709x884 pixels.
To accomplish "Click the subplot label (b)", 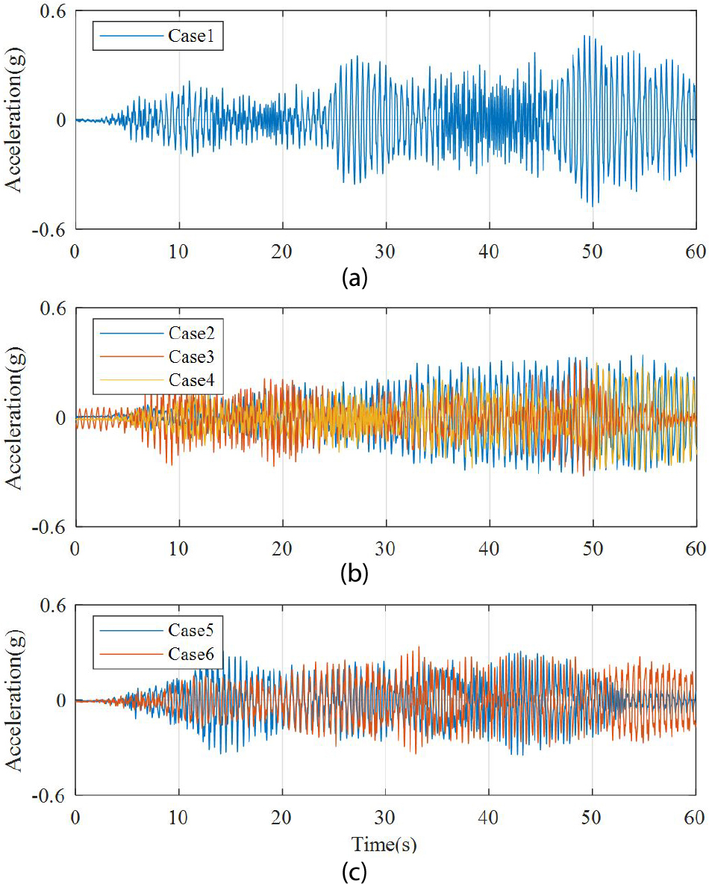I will pos(353,574).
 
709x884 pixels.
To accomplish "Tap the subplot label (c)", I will pos(353,871).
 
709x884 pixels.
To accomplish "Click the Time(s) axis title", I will pos(384,844).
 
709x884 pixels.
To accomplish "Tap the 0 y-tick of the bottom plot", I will pos(61,700).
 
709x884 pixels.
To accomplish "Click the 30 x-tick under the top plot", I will pos(386,252).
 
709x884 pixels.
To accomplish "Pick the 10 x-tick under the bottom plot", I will pos(178,816).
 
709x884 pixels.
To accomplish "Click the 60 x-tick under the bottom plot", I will pos(696,816).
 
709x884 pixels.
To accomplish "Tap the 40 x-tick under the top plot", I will pos(489,252).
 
